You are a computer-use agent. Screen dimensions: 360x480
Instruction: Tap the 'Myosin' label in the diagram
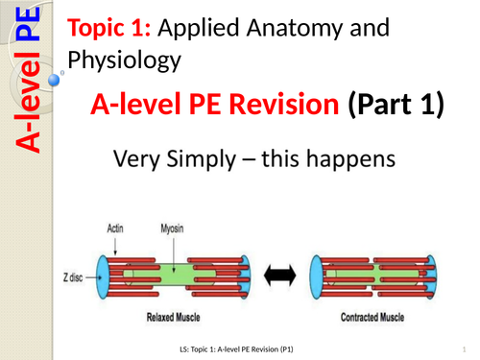169,228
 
